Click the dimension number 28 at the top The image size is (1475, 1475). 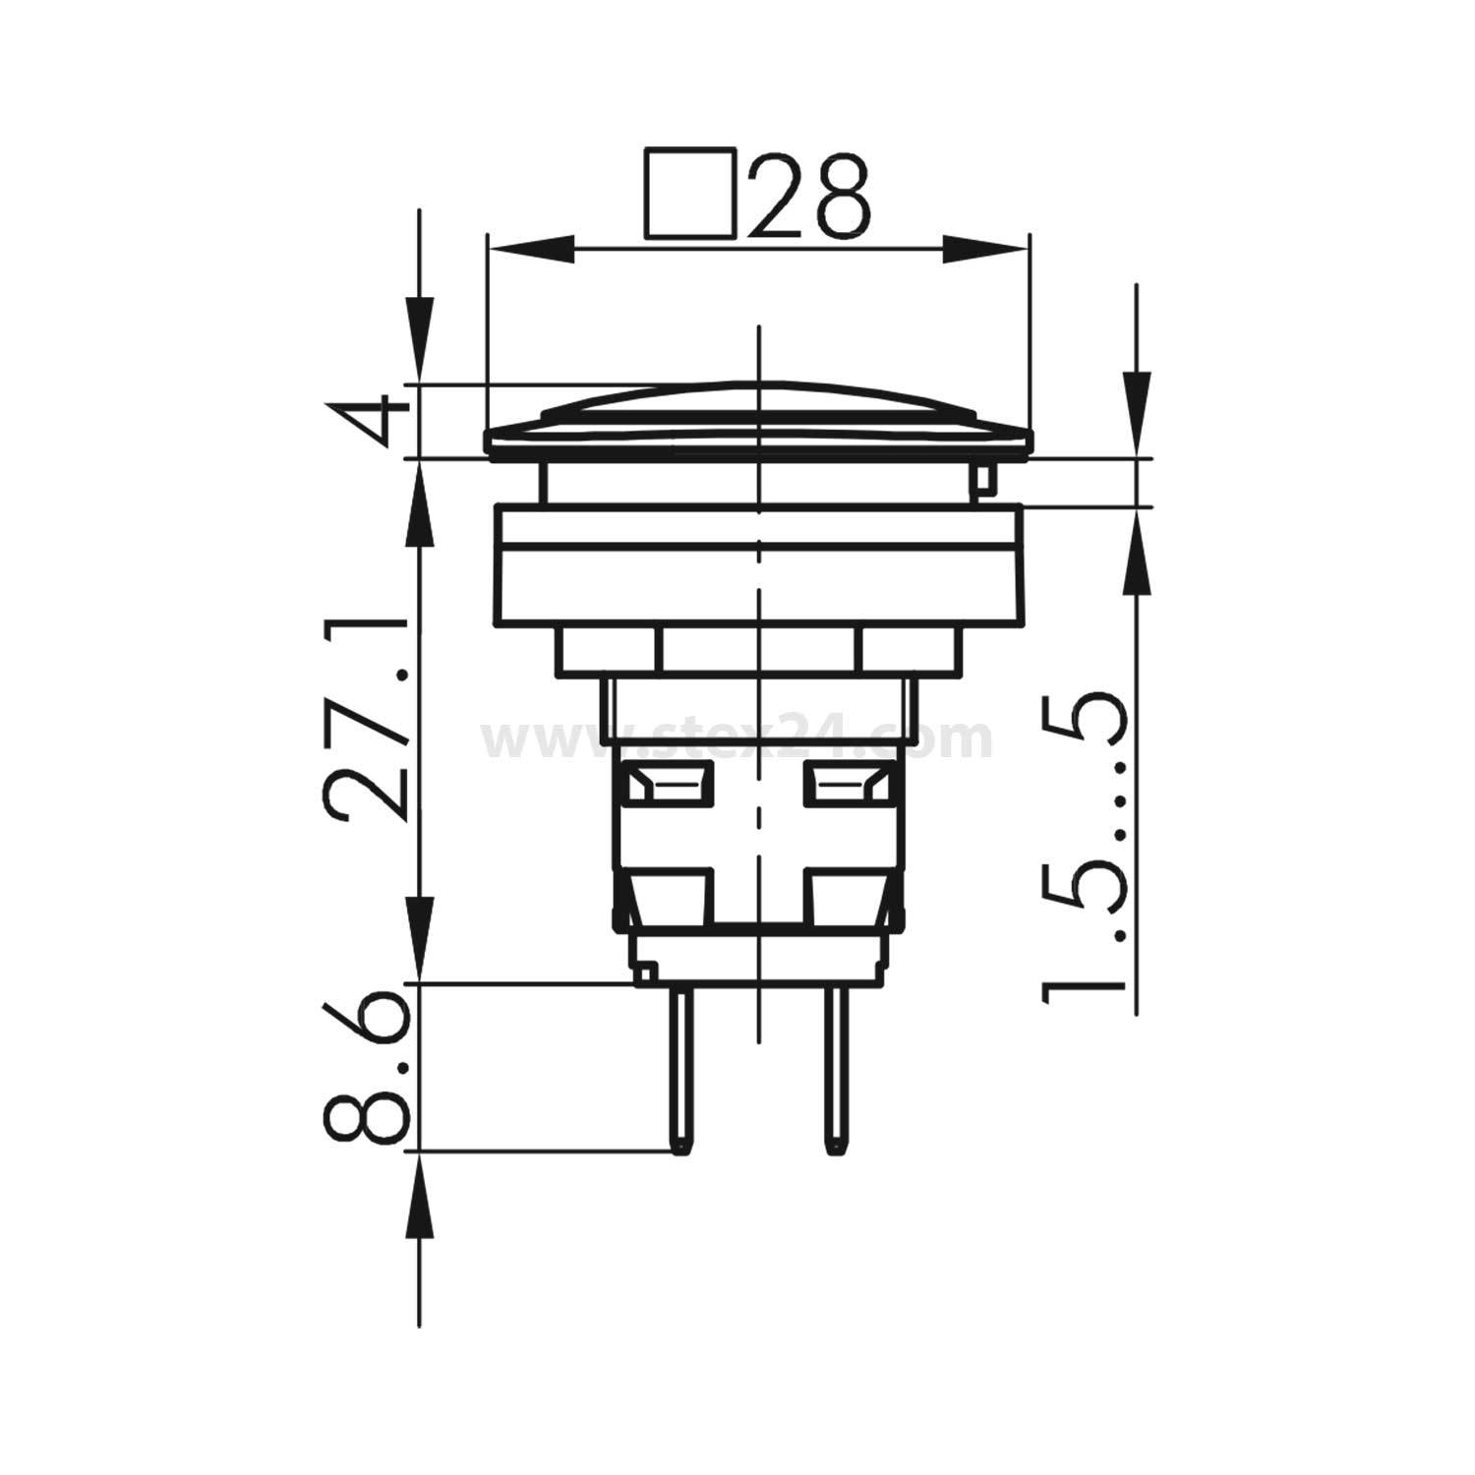(x=809, y=196)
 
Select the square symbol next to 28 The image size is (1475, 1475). (x=690, y=194)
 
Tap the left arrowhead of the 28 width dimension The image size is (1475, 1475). (x=531, y=249)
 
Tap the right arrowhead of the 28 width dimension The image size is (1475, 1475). (x=986, y=249)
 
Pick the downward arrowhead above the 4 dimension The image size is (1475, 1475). (x=420, y=339)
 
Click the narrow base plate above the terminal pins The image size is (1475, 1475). (x=757, y=959)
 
